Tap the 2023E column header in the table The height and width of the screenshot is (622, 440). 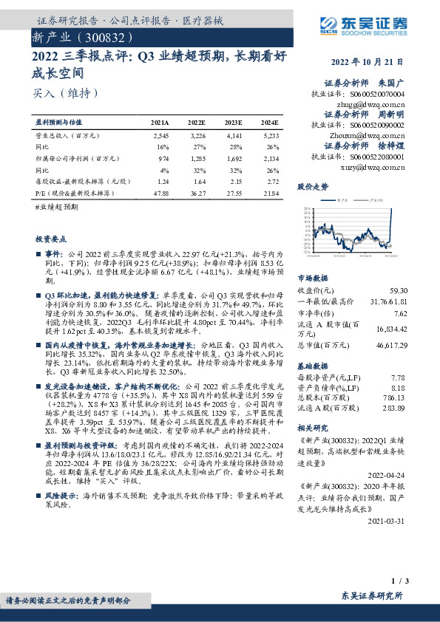click(x=233, y=123)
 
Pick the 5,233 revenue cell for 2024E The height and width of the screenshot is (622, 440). click(x=270, y=137)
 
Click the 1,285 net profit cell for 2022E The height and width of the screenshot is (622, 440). click(x=196, y=158)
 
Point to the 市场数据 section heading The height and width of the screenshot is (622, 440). click(x=312, y=278)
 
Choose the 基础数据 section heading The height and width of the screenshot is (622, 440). click(x=312, y=365)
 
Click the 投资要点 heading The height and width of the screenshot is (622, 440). click(x=50, y=240)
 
